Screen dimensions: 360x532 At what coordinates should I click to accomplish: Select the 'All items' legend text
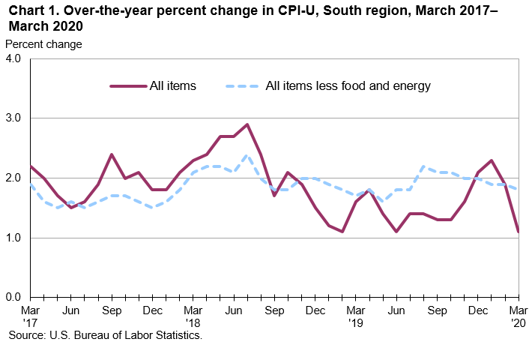pos(173,85)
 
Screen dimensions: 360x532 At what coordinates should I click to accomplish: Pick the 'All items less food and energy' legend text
pos(348,85)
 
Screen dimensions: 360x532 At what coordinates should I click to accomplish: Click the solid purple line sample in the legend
pos(128,85)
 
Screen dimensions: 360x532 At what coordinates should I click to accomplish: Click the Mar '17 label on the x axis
pos(30,316)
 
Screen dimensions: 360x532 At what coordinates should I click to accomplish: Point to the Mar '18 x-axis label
pos(193,316)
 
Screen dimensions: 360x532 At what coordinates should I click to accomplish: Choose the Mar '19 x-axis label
pos(356,316)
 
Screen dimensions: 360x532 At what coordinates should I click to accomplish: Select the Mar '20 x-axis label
pos(519,316)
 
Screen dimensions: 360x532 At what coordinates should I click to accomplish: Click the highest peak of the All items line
pos(247,124)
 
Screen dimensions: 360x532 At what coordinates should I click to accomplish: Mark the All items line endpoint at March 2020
pos(519,232)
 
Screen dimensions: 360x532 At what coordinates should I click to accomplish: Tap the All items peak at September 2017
pos(112,154)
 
